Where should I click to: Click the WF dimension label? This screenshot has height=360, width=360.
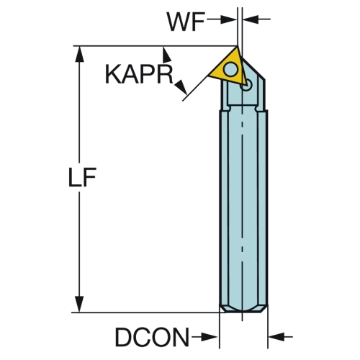tap(186, 22)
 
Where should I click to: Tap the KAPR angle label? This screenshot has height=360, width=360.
tap(139, 74)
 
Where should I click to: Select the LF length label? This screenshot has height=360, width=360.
tap(82, 177)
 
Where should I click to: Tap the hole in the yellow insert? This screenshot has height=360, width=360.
tap(230, 69)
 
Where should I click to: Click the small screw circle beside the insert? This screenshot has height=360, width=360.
tap(247, 85)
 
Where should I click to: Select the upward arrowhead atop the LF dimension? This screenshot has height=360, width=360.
tap(79, 55)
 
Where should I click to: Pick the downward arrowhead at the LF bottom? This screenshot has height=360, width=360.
tap(79, 304)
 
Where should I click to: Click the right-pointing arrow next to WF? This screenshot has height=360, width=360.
tap(222, 19)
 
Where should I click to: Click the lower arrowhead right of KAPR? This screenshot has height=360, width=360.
tap(181, 87)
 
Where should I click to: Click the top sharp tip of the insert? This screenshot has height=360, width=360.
tap(237, 47)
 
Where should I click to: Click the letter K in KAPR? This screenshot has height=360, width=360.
tap(113, 74)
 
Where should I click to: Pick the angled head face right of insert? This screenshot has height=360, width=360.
tap(253, 68)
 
